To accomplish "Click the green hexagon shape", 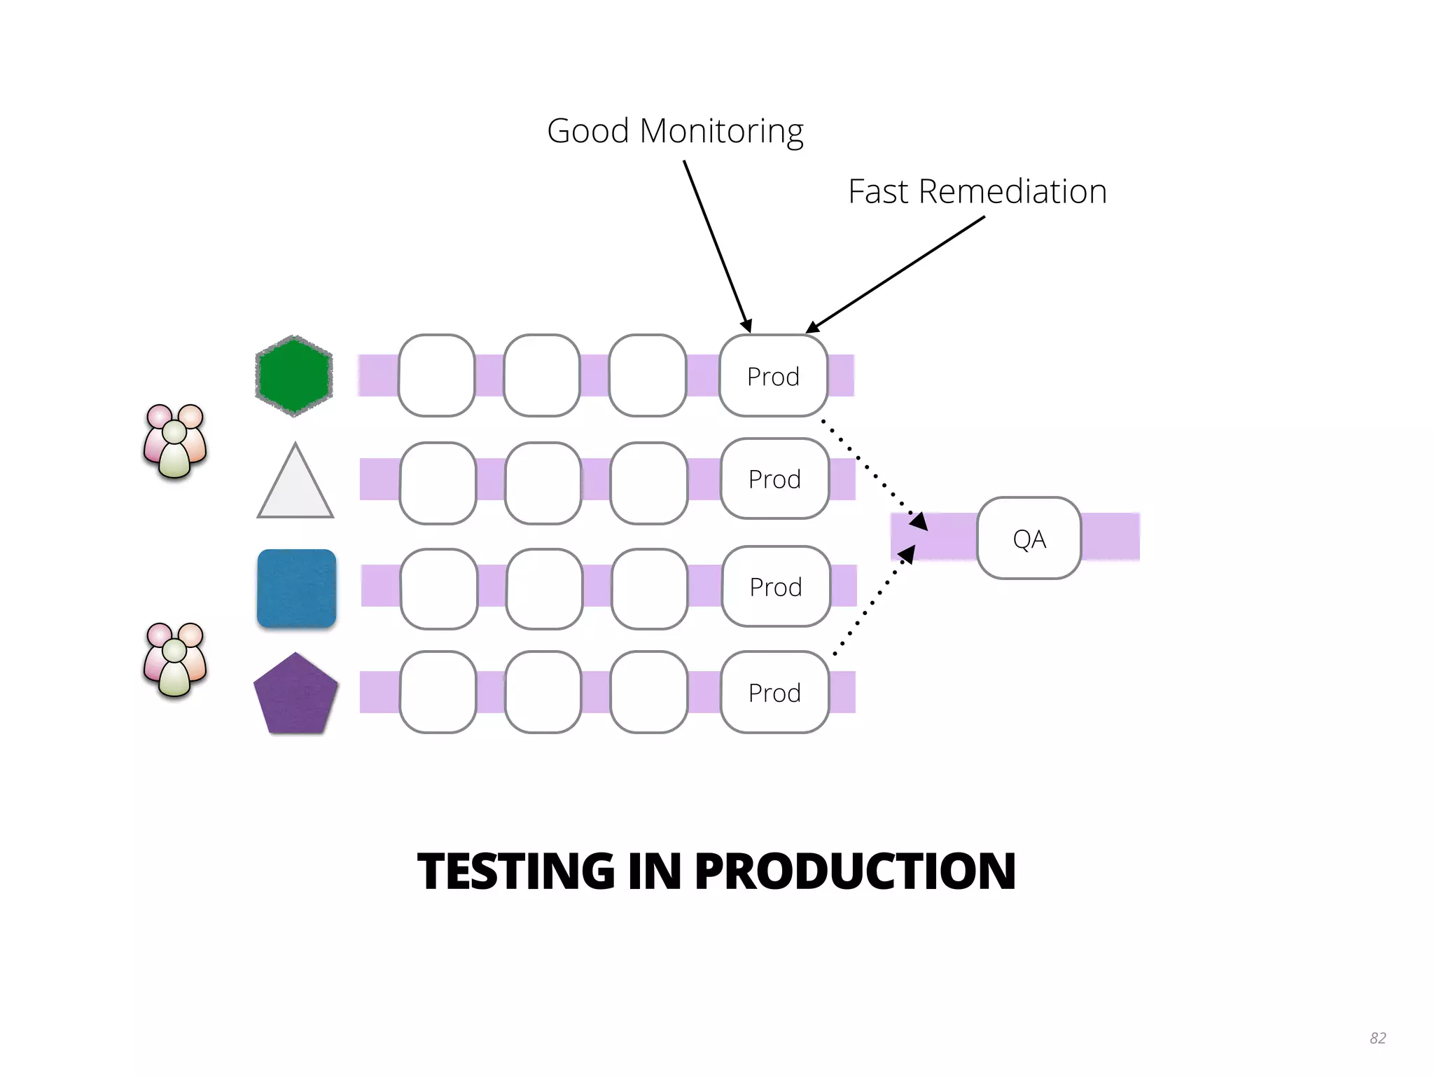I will pyautogui.click(x=294, y=376).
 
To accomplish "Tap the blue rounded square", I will pyautogui.click(x=297, y=588).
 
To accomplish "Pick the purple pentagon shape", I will pyautogui.click(x=295, y=696).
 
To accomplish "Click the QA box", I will pyautogui.click(x=1029, y=538).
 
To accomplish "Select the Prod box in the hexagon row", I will pyautogui.click(x=773, y=376).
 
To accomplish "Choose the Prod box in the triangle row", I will pyautogui.click(x=774, y=479).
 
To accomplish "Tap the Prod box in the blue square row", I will pyautogui.click(x=776, y=587).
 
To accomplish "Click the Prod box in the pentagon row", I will pyautogui.click(x=774, y=693).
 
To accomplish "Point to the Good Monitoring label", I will pyautogui.click(x=675, y=131).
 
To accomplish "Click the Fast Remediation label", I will pyautogui.click(x=977, y=191).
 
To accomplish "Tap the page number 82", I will pyautogui.click(x=1377, y=1037).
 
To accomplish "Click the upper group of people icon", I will pyautogui.click(x=175, y=441).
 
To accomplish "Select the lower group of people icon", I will pyautogui.click(x=175, y=660).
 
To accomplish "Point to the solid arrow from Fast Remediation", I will pyautogui.click(x=896, y=274).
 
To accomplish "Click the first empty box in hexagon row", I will pyautogui.click(x=437, y=376).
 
